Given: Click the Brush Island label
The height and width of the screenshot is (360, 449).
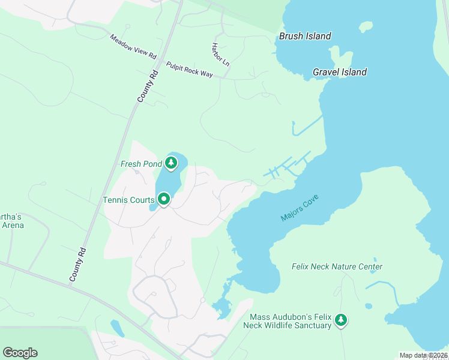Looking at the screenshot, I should click(x=305, y=36).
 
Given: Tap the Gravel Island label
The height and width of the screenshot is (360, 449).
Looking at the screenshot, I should click(x=340, y=72).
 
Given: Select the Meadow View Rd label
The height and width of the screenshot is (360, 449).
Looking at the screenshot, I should click(x=133, y=47).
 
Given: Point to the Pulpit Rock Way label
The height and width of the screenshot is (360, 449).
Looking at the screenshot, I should click(x=190, y=70).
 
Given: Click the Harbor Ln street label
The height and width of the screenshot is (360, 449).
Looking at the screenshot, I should click(x=220, y=54).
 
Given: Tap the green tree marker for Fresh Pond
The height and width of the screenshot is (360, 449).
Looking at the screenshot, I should click(x=172, y=163).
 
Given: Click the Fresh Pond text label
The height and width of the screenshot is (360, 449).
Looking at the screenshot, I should click(x=141, y=163).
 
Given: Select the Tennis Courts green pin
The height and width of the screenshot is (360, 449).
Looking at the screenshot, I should click(x=163, y=199).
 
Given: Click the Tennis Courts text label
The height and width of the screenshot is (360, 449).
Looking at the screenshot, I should click(x=128, y=200).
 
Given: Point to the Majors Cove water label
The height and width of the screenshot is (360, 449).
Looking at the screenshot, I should click(x=299, y=208).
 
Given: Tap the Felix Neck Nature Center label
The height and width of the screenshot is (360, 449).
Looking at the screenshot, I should click(x=337, y=266).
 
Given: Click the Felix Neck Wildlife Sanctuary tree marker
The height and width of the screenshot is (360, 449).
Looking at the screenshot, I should click(x=342, y=320).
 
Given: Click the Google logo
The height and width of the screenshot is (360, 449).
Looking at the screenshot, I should click(x=20, y=353).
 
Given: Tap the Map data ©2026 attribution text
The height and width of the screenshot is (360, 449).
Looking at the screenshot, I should click(x=423, y=355).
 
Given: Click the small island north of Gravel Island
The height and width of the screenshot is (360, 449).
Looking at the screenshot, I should click(x=366, y=27).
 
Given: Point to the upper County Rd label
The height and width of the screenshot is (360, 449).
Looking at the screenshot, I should click(x=147, y=86).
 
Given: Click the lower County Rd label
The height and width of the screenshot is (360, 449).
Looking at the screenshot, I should click(x=78, y=265).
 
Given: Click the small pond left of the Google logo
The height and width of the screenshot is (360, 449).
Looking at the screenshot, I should click(x=118, y=328).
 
